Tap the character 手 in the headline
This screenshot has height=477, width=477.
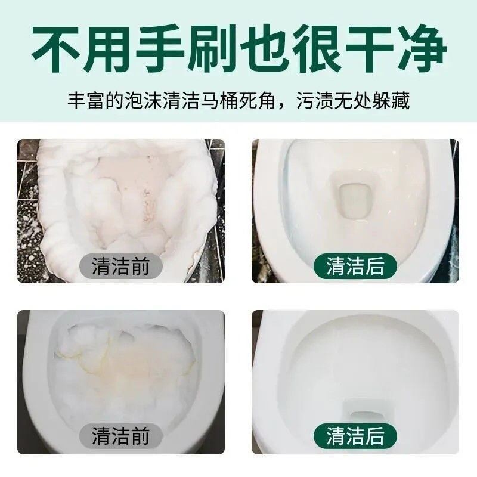(x=160, y=49)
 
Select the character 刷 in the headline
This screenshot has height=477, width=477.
(x=212, y=49)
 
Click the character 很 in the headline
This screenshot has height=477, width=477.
(x=317, y=49)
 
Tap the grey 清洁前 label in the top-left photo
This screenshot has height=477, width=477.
(x=120, y=266)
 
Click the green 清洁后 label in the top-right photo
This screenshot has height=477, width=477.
(x=355, y=266)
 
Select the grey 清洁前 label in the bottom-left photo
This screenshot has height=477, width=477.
(x=120, y=436)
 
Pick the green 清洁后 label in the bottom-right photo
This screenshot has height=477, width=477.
(x=355, y=436)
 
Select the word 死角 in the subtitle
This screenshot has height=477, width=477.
(x=258, y=100)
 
